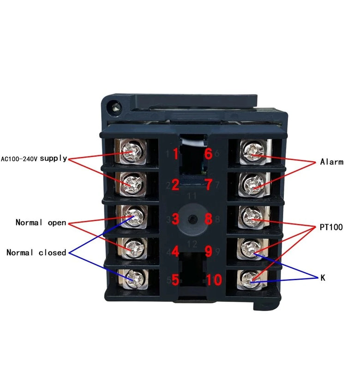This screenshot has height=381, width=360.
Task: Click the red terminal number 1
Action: [x=176, y=154]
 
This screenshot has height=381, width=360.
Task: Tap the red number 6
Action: [x=209, y=154]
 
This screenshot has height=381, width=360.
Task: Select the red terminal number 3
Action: [x=175, y=219]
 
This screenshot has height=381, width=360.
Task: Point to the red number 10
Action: [x=214, y=280]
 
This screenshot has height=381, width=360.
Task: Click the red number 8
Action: [x=209, y=219]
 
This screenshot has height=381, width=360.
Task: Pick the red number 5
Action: [x=175, y=280]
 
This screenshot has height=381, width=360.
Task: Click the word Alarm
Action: [x=332, y=162]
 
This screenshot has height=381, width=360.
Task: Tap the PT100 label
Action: [x=331, y=227]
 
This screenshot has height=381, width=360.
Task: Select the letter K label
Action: [x=323, y=278]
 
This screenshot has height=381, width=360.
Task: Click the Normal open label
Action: [x=41, y=223]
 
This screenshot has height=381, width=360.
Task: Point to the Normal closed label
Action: [x=36, y=253]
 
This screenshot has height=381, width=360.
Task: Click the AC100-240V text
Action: [x=19, y=159]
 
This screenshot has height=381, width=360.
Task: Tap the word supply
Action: [x=54, y=159]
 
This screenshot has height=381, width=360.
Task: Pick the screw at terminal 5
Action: [x=133, y=278]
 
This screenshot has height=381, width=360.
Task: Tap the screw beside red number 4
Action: [x=134, y=248]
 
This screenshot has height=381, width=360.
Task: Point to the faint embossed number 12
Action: [x=192, y=244]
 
